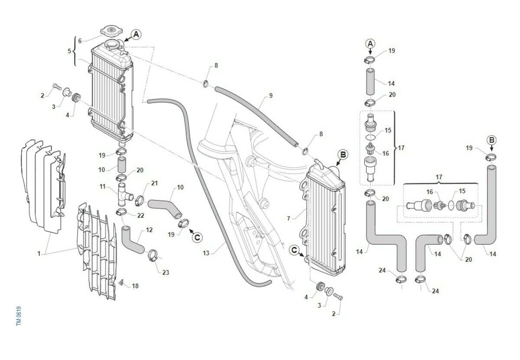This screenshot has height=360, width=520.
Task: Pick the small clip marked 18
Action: click(x=122, y=283)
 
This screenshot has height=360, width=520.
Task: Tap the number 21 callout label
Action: click(x=155, y=183)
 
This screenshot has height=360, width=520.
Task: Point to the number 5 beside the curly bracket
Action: click(x=69, y=51)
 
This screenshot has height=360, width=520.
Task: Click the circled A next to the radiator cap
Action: click(x=136, y=34)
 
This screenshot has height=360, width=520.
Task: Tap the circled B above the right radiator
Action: click(x=342, y=154)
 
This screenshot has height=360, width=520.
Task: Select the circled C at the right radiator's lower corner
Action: click(x=295, y=250)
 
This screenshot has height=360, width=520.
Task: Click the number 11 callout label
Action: click(x=102, y=187)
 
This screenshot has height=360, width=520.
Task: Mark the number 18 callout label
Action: click(x=135, y=286)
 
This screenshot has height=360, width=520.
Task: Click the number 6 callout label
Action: click(x=80, y=41)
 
